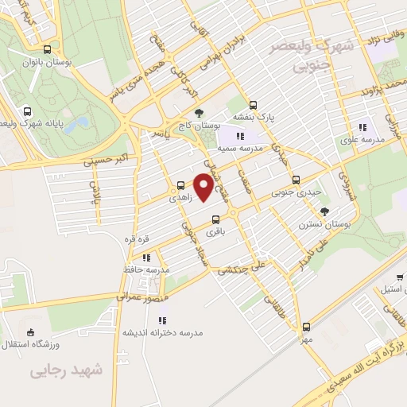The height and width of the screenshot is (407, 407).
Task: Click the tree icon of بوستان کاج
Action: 199,113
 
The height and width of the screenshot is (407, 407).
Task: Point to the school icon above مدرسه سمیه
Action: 240,136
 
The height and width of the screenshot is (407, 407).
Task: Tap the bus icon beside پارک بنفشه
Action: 253,105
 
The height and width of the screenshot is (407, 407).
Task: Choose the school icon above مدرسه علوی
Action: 363,127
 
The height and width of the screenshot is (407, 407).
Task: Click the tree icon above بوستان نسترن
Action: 324,211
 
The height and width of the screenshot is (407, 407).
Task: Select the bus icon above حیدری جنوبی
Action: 297,180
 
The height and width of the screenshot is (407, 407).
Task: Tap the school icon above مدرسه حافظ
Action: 146,258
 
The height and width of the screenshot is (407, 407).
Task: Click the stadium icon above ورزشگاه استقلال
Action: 30,331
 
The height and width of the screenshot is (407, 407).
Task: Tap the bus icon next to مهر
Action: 306,326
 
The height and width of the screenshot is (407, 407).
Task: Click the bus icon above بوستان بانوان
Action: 48,48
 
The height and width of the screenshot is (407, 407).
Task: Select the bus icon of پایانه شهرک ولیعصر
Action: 29,111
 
